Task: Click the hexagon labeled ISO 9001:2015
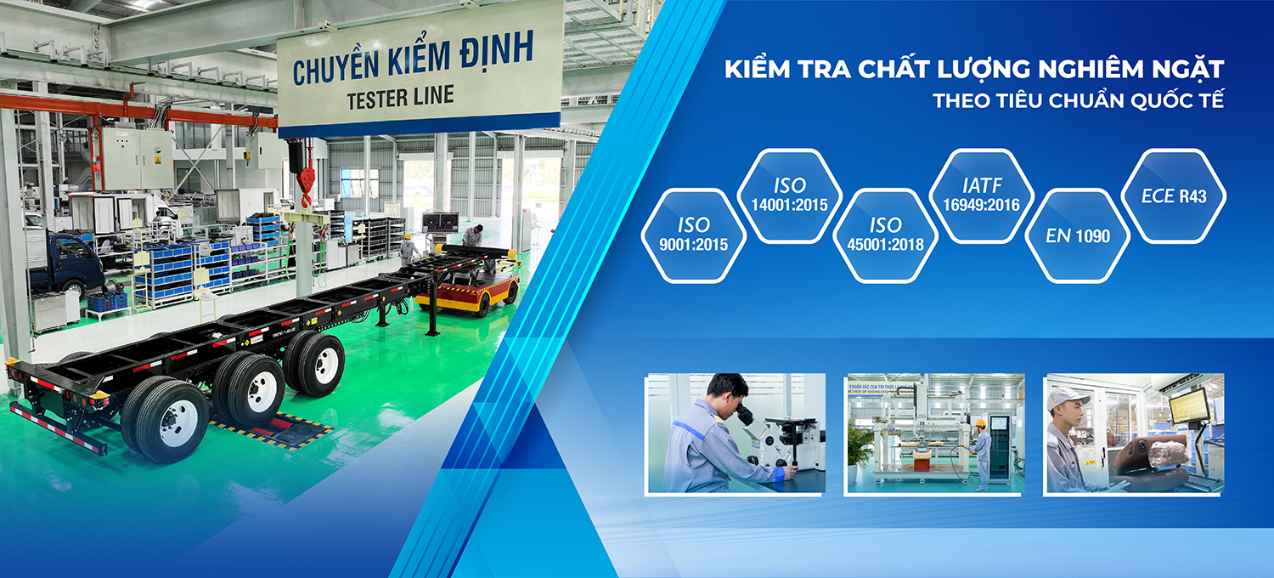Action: pos(693,235)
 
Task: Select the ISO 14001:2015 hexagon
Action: pos(790,196)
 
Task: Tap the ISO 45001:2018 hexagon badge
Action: pos(886,235)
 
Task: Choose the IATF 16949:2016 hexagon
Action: pos(982,196)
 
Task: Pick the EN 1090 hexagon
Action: pos(1079,235)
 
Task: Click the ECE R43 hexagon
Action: pos(1174,196)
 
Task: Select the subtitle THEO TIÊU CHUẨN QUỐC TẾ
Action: pos(1078,99)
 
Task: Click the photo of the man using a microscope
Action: pos(736,433)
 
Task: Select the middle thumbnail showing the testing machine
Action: pos(933,433)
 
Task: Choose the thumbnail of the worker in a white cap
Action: pos(1133,433)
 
